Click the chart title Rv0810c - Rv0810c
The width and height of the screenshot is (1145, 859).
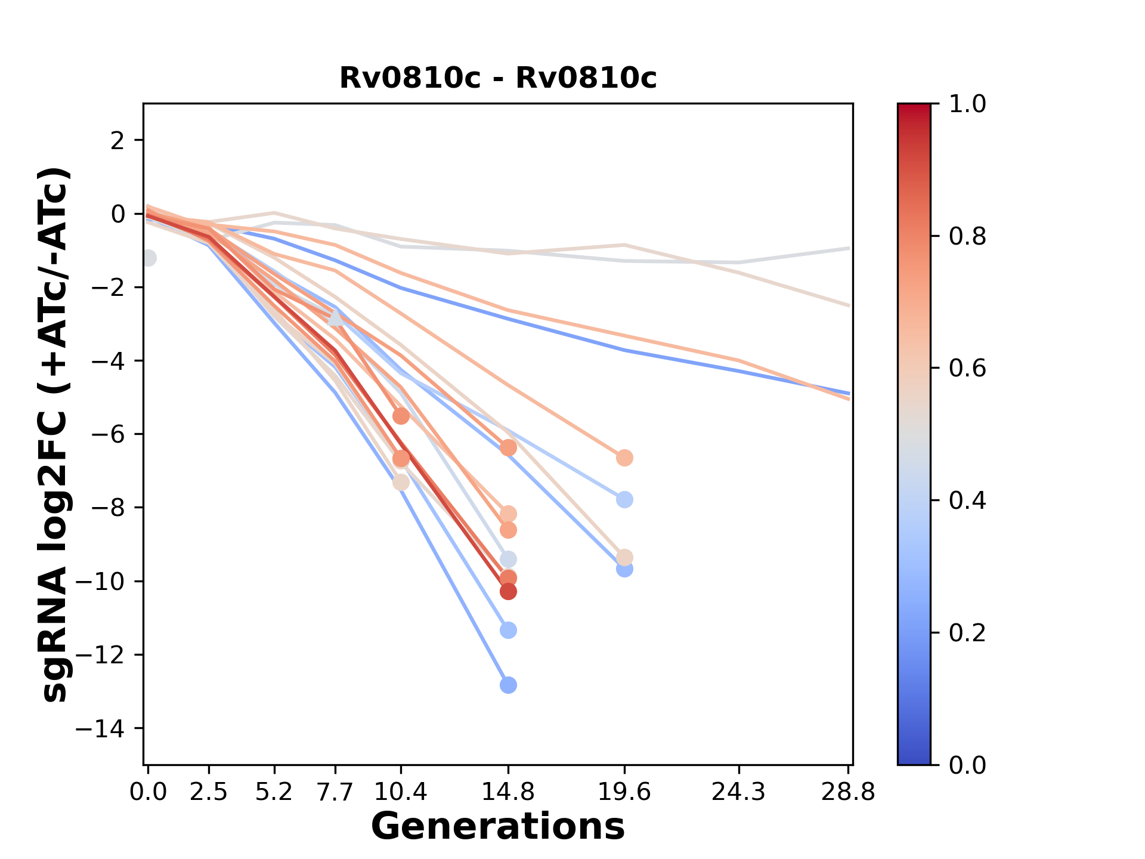click(x=498, y=78)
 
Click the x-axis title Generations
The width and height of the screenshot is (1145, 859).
click(x=498, y=827)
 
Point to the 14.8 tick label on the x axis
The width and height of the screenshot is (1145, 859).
click(x=507, y=792)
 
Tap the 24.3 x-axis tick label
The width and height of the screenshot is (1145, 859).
click(x=738, y=792)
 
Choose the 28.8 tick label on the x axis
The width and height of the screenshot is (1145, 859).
click(x=848, y=792)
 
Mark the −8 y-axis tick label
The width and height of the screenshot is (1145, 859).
click(x=109, y=508)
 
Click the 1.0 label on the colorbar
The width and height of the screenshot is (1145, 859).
click(x=967, y=104)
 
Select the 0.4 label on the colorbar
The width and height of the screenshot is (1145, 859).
click(x=967, y=500)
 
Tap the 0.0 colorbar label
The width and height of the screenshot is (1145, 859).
click(x=967, y=765)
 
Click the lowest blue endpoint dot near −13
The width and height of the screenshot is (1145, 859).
click(x=508, y=685)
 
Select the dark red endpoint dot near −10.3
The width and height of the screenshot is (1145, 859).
click(x=508, y=591)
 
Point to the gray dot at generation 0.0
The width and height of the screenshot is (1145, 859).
click(x=148, y=258)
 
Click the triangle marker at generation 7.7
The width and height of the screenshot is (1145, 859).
click(x=336, y=319)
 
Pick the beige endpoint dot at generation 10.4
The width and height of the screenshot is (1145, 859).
click(x=401, y=482)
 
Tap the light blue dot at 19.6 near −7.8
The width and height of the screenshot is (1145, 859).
click(x=624, y=499)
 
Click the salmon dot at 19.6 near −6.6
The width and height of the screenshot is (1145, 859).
click(x=624, y=458)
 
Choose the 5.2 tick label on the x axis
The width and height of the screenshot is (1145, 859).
click(x=274, y=792)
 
